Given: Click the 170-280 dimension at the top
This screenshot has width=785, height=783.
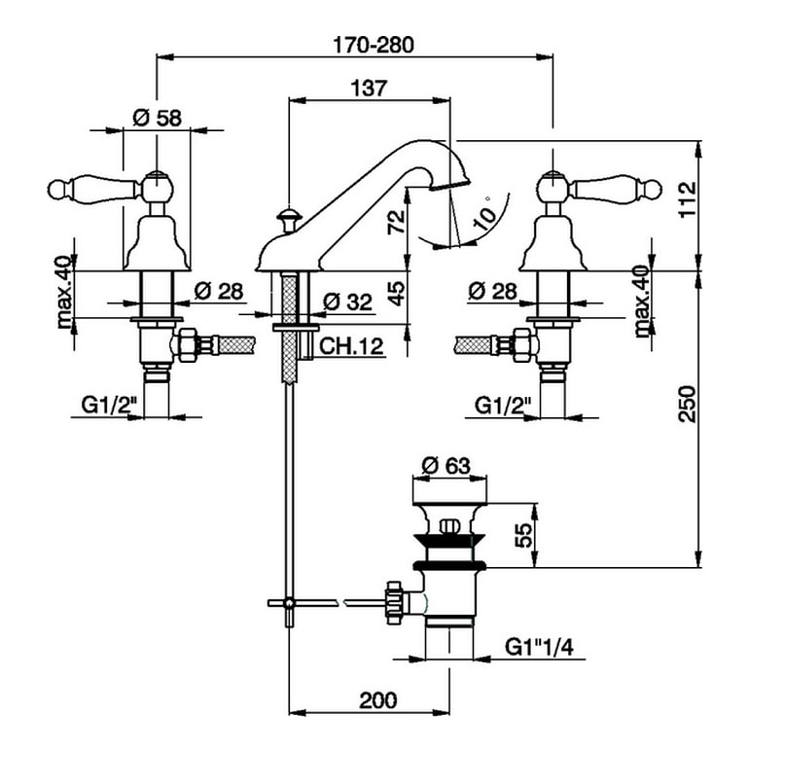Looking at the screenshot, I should click(373, 44).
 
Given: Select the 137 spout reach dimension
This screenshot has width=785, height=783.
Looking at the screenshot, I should click(369, 88).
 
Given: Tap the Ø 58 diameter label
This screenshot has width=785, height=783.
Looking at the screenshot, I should click(157, 118).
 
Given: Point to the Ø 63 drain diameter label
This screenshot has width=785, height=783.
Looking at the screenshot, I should click(448, 465).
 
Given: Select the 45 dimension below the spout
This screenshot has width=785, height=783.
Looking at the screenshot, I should click(395, 293).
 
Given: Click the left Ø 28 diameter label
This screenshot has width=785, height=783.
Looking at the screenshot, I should click(217, 290).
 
